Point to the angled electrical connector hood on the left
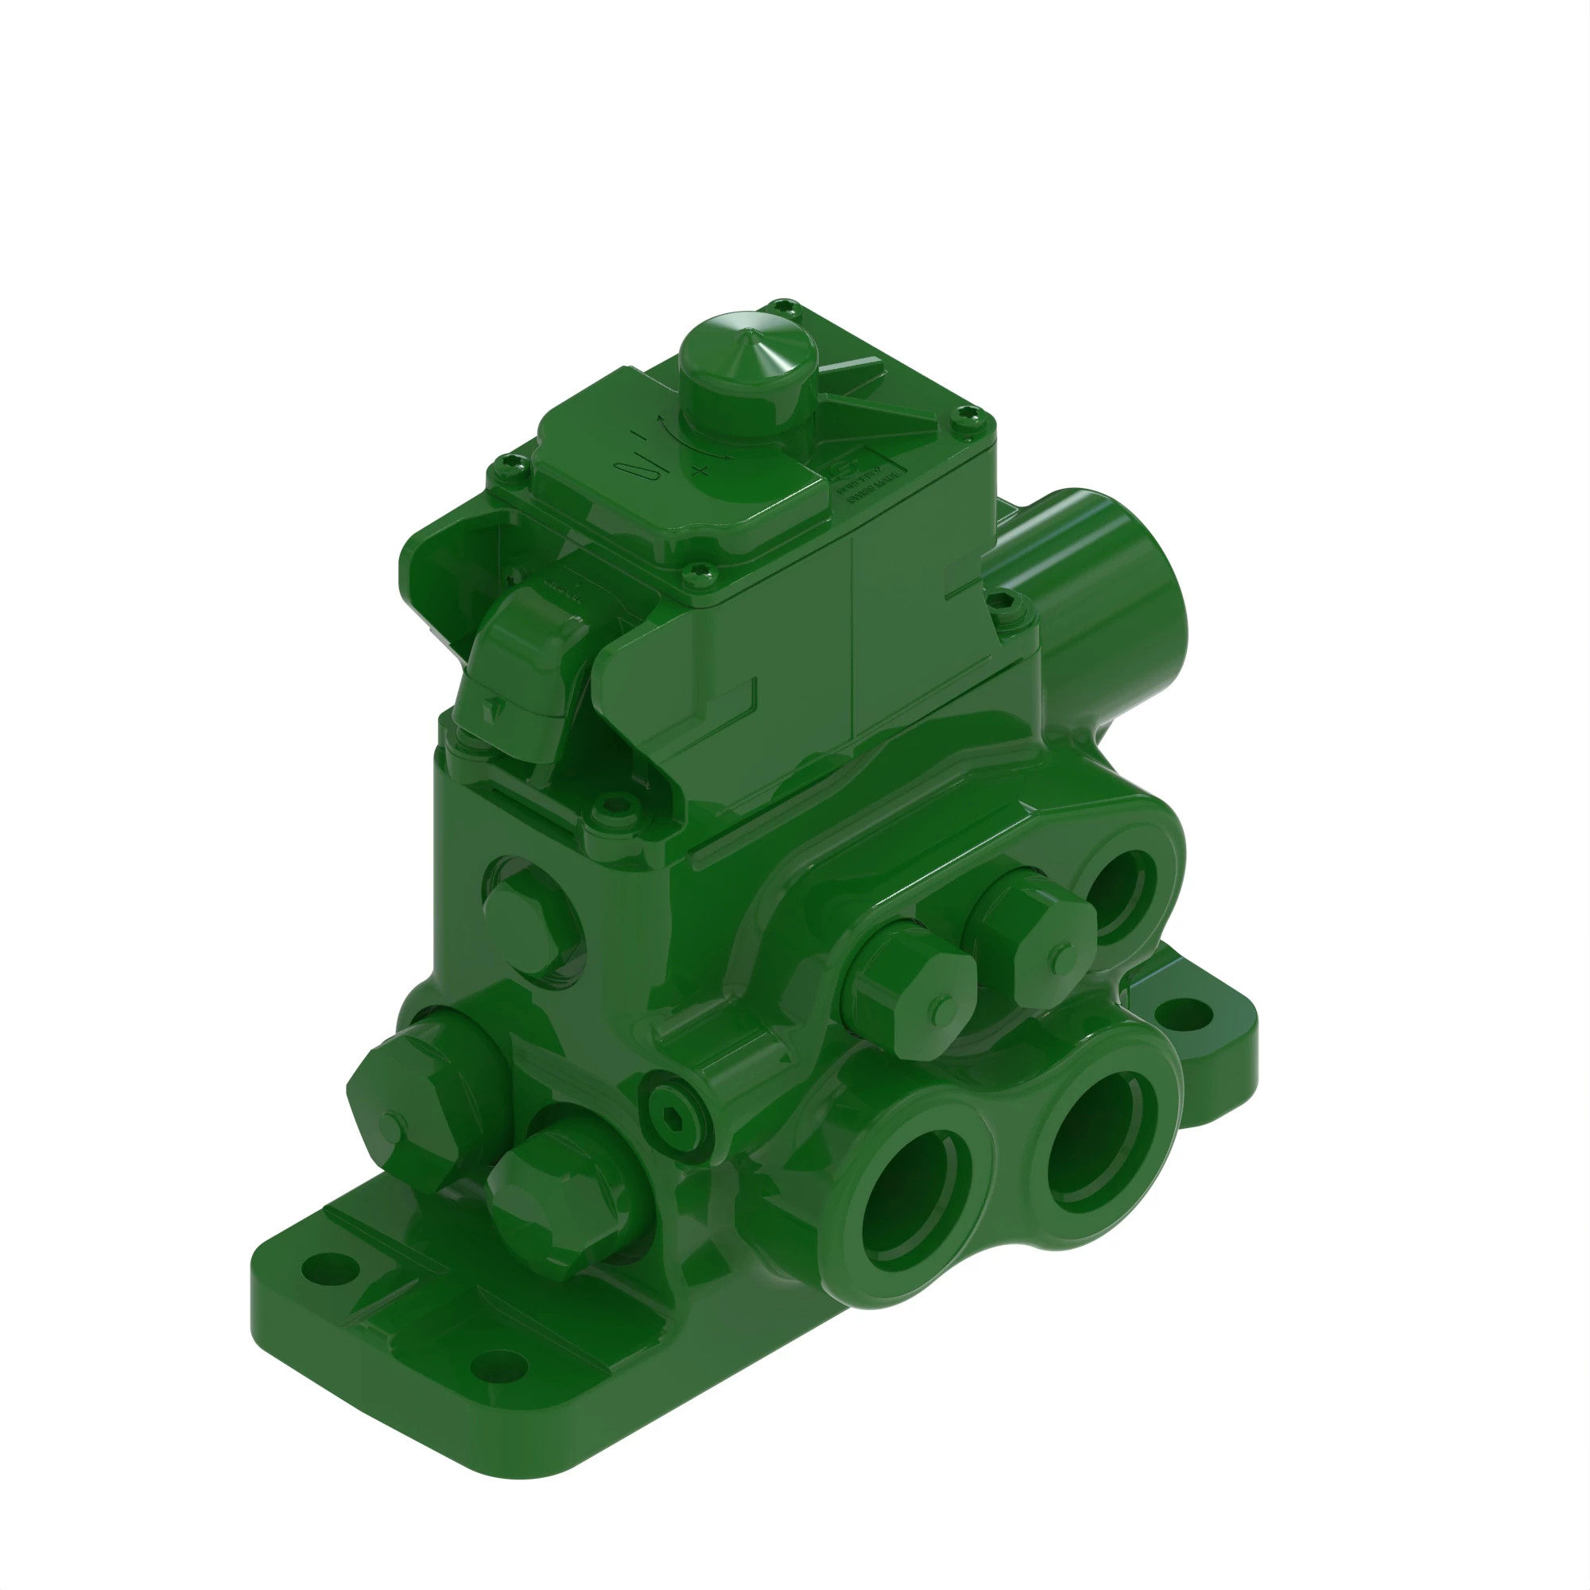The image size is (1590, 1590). coord(525,667)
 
